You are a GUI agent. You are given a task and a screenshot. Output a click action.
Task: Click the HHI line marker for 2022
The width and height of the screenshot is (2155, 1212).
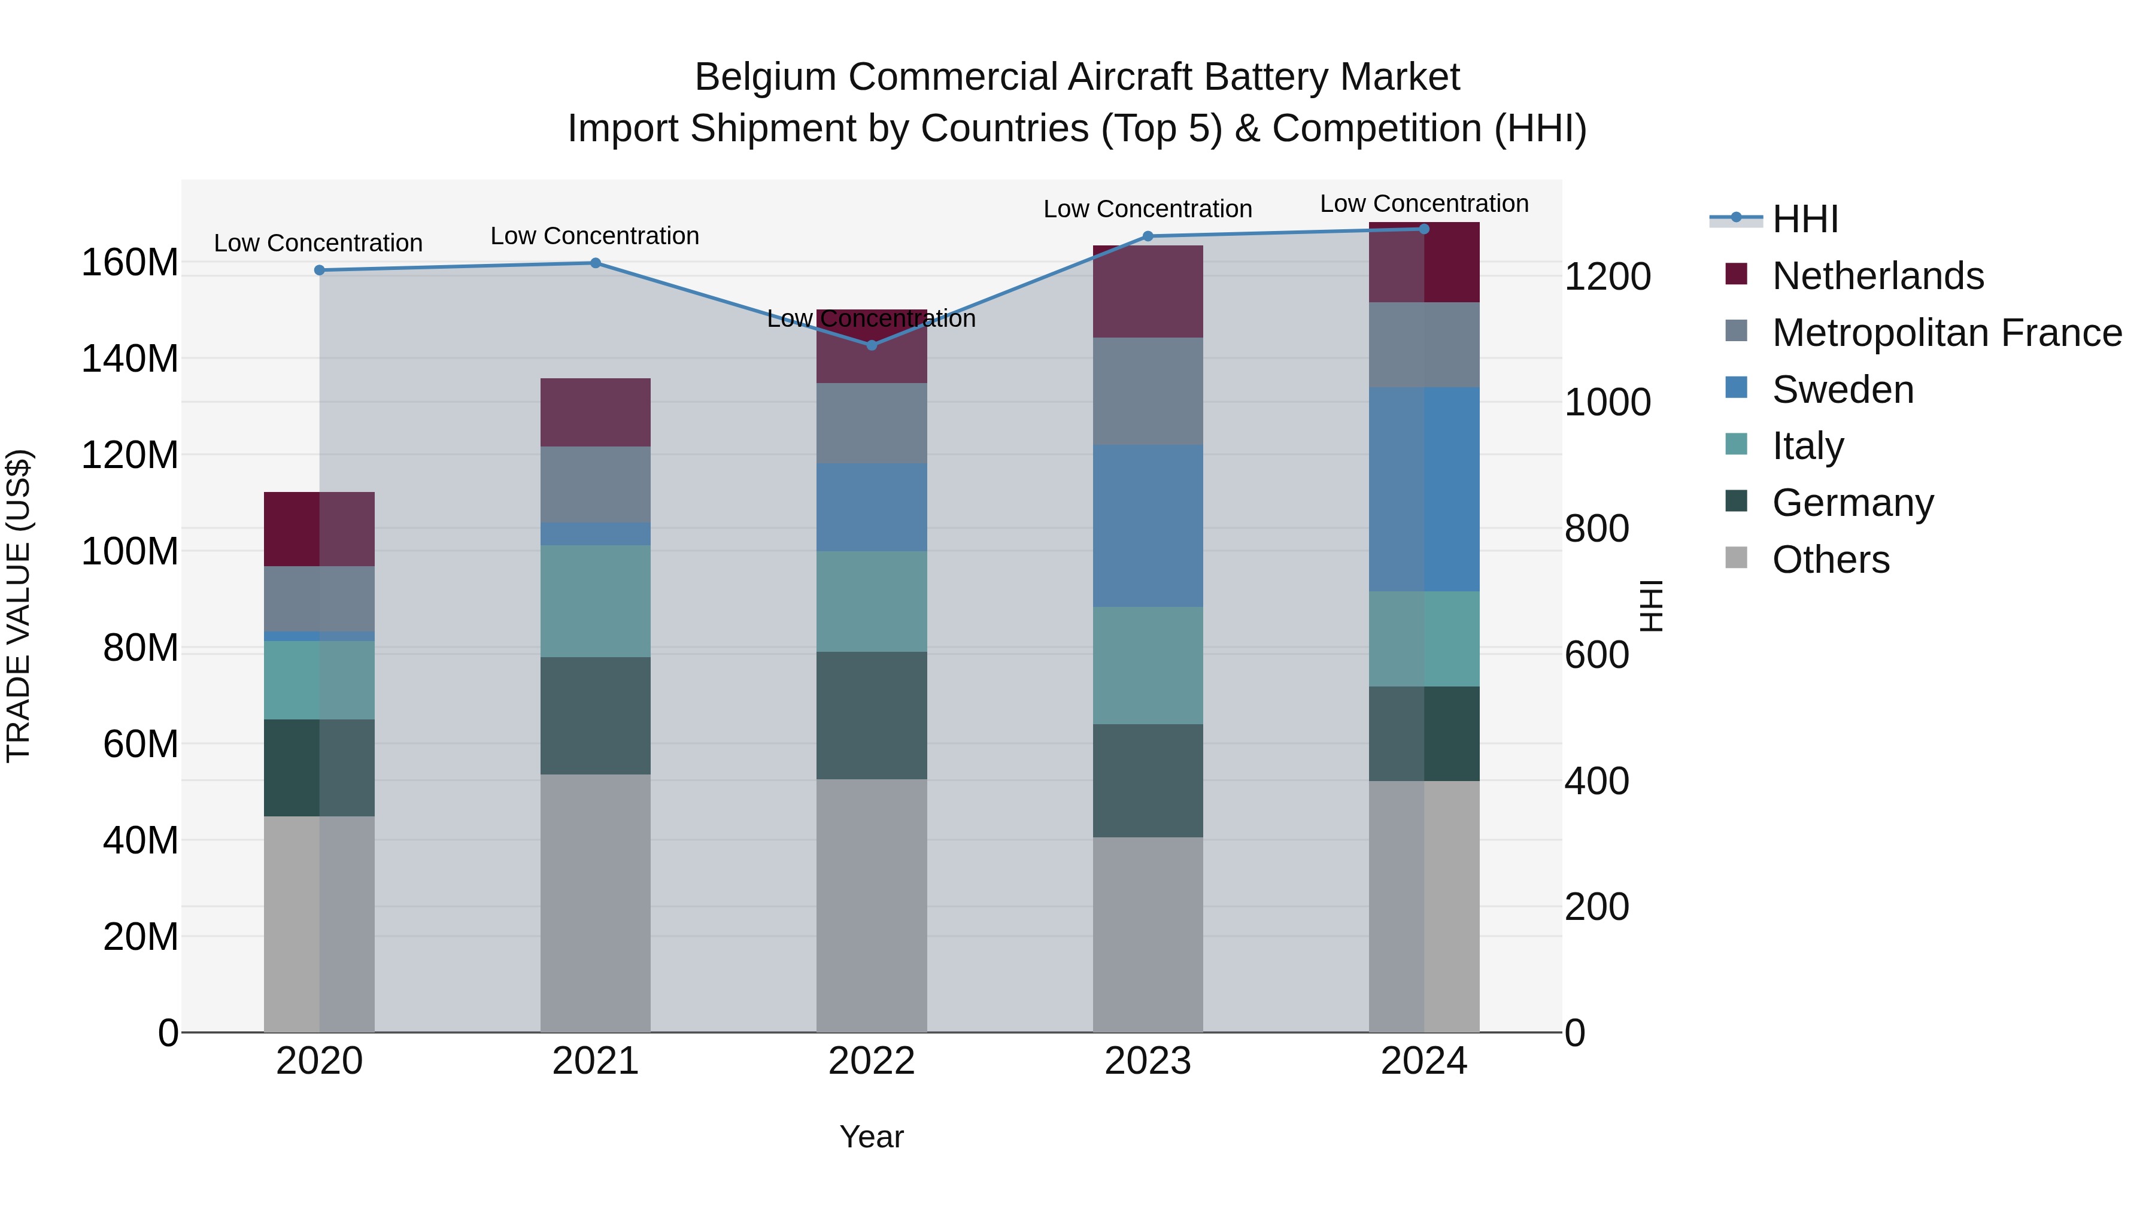click(x=871, y=345)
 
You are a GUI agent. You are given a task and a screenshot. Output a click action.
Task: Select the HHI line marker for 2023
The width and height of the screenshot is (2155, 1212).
click(x=1148, y=236)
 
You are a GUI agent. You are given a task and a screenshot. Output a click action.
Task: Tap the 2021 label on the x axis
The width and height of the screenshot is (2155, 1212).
click(x=595, y=1061)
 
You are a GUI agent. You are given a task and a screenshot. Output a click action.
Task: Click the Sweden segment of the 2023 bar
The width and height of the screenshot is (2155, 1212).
click(x=1148, y=525)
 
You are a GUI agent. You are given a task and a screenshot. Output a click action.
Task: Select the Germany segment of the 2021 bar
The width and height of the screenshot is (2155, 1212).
click(x=595, y=715)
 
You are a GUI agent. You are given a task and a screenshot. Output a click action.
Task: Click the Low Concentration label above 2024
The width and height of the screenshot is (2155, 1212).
click(x=1424, y=204)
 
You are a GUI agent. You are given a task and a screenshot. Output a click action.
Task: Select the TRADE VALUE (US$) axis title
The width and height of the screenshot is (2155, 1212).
click(x=19, y=606)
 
